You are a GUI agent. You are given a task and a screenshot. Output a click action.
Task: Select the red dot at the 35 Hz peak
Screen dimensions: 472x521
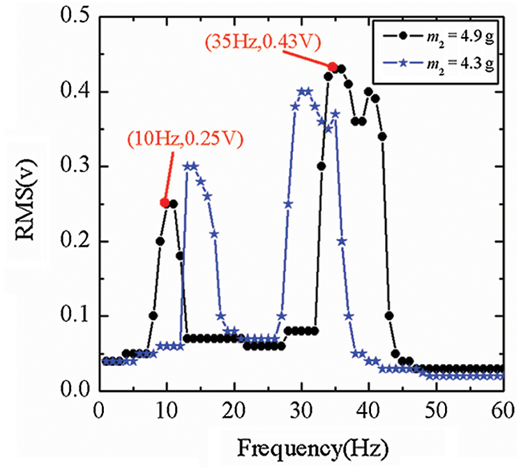tap(333, 67)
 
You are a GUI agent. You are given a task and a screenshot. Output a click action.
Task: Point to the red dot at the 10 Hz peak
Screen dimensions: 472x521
tap(165, 202)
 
